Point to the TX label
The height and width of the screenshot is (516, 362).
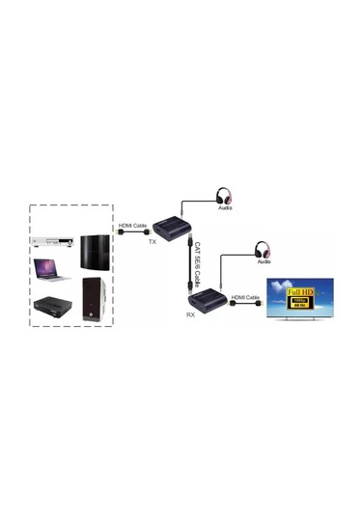pyautogui.click(x=152, y=242)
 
